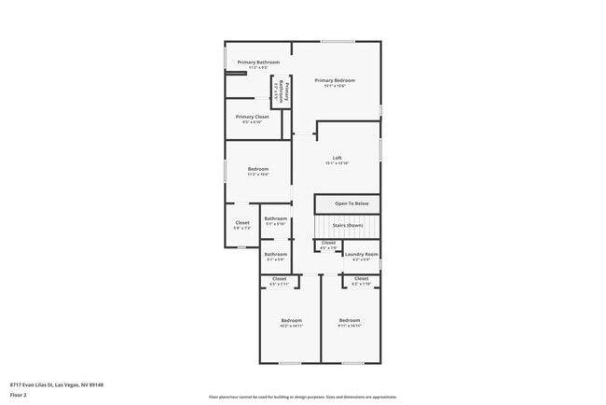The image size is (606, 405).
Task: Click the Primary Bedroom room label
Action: click(x=335, y=80)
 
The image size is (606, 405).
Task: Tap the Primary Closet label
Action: click(x=252, y=117)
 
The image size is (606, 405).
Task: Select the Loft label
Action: click(x=337, y=158)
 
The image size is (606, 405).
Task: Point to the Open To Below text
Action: click(x=351, y=203)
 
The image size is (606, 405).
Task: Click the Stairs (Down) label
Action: click(x=348, y=225)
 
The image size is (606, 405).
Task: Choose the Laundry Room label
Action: click(x=361, y=254)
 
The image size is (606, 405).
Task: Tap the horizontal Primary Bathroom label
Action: click(x=258, y=62)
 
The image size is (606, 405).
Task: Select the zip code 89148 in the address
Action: click(x=94, y=384)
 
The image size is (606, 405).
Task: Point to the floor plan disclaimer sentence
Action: click(x=303, y=396)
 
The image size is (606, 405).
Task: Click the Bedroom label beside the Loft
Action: click(x=258, y=169)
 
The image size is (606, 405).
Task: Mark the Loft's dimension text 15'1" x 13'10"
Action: click(x=337, y=163)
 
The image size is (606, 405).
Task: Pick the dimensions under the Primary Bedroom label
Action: click(x=335, y=86)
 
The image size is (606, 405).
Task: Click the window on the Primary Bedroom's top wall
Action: click(x=337, y=41)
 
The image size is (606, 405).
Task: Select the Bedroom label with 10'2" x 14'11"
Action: click(x=292, y=321)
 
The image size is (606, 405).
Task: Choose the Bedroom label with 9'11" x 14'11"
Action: click(x=350, y=321)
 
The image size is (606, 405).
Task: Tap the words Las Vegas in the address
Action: click(x=67, y=384)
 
